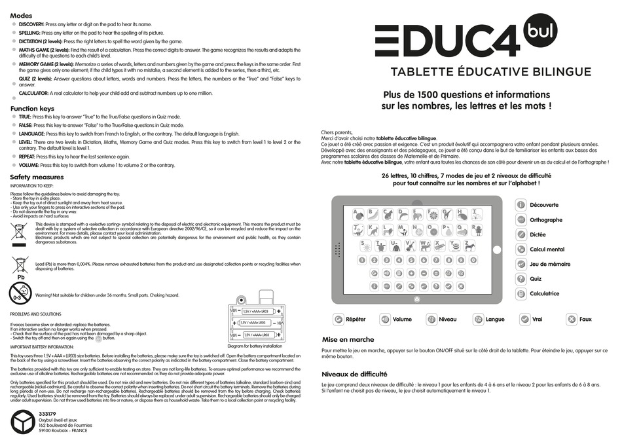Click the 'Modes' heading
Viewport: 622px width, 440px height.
(x=22, y=14)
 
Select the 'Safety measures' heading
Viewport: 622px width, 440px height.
(x=37, y=177)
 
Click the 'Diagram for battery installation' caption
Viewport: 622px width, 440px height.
(x=255, y=346)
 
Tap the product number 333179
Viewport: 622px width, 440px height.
(x=47, y=414)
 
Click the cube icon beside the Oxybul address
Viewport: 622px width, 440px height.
(x=22, y=422)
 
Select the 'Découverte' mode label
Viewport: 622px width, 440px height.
(x=544, y=205)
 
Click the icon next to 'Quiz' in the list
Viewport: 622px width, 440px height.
(x=521, y=279)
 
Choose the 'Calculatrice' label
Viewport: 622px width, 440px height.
(x=544, y=294)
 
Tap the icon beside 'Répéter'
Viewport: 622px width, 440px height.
(x=338, y=320)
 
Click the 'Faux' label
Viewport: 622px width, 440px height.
(x=585, y=320)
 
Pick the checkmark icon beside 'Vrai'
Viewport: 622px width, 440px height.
(x=524, y=320)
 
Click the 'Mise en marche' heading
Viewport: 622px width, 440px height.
(x=348, y=340)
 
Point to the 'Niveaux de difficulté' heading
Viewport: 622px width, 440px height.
(x=354, y=374)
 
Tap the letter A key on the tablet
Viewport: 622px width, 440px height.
(x=358, y=213)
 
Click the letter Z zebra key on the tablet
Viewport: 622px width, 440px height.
(x=470, y=246)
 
